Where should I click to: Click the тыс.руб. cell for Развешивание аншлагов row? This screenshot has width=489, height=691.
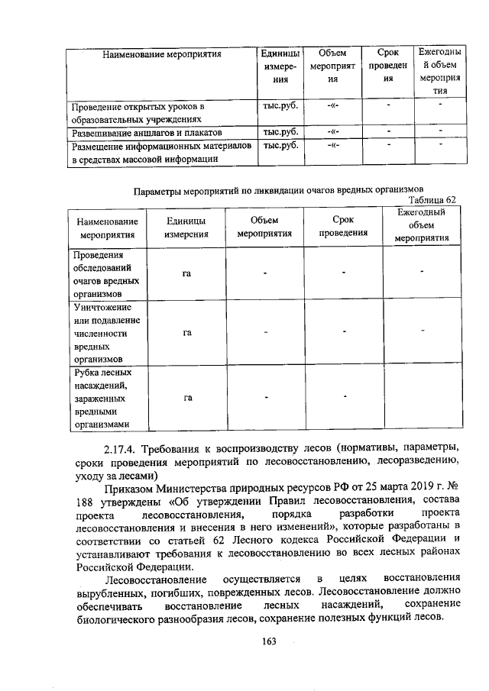tap(279, 131)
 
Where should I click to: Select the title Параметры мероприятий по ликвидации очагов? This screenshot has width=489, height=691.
tap(278, 189)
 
